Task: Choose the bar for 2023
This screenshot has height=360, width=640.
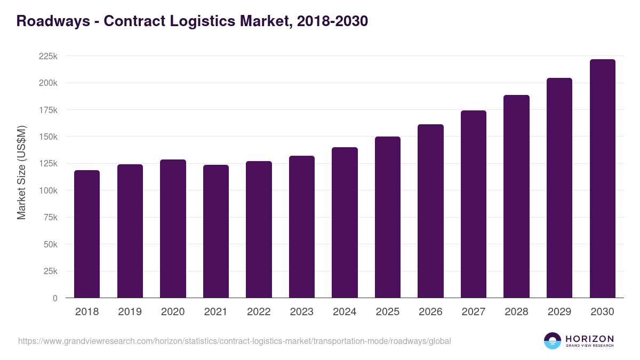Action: point(302,227)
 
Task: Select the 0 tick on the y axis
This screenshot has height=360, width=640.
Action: point(55,298)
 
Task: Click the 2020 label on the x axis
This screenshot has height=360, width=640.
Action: point(173,312)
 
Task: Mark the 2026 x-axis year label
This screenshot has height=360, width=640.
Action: point(430,312)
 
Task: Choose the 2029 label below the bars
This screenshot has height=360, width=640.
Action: point(559,312)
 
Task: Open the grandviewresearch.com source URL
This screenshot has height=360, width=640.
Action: point(235,341)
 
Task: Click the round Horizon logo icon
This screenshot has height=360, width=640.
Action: point(553,341)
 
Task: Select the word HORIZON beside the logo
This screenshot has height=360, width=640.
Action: point(589,338)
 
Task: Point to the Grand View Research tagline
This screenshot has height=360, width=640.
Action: point(589,346)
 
